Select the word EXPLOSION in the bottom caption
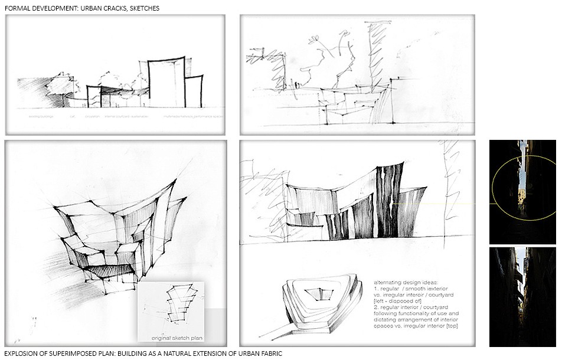(23, 353)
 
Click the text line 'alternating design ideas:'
(397, 276)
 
